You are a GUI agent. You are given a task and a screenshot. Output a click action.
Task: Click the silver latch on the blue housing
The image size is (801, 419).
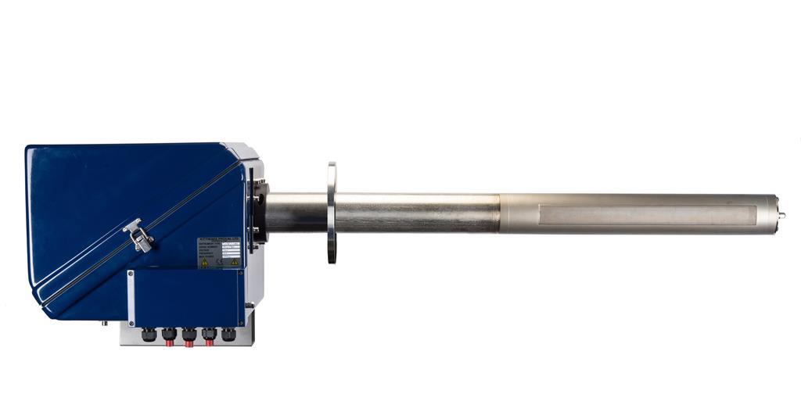(x=138, y=235)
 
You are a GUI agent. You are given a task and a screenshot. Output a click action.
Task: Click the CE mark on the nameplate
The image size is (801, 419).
(x=219, y=263)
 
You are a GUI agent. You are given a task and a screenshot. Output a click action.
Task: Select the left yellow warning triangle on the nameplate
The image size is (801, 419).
(x=205, y=263)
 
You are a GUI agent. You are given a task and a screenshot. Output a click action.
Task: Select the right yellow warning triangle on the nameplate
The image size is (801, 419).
(x=234, y=263)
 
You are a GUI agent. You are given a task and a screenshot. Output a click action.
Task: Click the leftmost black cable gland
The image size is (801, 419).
(x=149, y=335)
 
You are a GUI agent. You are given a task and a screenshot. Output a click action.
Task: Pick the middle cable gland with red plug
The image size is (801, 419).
(x=189, y=335)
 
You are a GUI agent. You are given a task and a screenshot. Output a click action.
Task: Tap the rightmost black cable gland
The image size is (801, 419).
(x=228, y=335)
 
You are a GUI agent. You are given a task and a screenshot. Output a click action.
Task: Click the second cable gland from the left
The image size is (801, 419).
(x=169, y=335)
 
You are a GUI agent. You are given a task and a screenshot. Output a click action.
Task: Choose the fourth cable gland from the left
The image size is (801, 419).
(x=210, y=335)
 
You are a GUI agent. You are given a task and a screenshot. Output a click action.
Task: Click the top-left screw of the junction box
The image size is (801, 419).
(x=131, y=273)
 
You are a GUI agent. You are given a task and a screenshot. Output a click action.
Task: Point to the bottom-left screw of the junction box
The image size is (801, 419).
(x=131, y=321)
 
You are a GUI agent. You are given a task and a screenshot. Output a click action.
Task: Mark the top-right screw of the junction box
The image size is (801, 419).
(x=241, y=273)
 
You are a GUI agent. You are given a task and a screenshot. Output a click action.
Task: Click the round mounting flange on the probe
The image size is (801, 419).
(x=332, y=213)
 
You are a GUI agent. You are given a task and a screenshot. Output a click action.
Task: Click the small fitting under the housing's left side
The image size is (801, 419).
(x=103, y=321)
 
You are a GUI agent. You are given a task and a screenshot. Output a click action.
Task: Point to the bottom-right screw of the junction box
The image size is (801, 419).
(x=241, y=321)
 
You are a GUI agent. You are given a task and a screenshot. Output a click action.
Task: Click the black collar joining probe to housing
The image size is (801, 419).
(x=260, y=212)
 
